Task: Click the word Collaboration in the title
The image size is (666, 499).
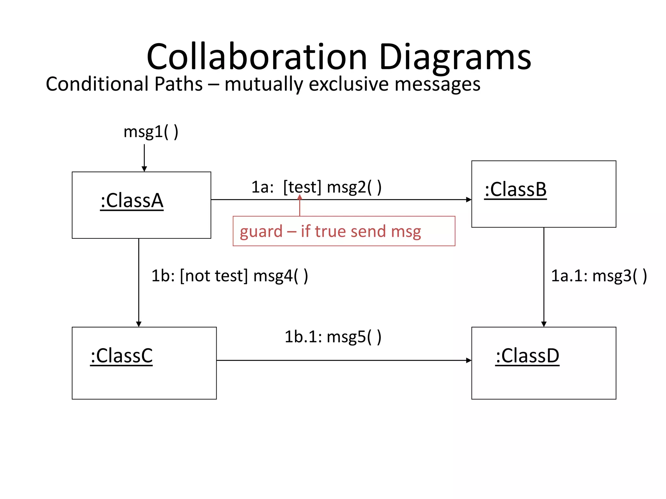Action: [x=257, y=57]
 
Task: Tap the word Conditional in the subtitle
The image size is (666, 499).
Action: [x=97, y=84]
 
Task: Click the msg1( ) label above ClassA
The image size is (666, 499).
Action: [x=151, y=132]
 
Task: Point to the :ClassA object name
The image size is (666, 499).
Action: [x=132, y=200]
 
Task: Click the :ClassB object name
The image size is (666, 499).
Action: [x=515, y=189]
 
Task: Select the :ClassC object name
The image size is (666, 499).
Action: [x=121, y=356]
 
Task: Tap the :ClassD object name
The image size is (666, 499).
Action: [x=527, y=356]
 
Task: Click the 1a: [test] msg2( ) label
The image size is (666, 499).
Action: [x=316, y=187]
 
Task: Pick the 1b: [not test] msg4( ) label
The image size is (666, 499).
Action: [x=230, y=276]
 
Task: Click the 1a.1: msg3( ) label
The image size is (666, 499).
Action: [x=599, y=276]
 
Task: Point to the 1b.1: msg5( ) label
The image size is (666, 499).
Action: [x=333, y=337]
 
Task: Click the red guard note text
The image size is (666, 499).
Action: [x=330, y=231]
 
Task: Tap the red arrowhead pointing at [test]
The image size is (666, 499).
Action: [x=300, y=197]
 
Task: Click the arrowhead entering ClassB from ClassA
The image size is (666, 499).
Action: [x=469, y=199]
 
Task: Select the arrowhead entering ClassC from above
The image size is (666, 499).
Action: [x=139, y=324]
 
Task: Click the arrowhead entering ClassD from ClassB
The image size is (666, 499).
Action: [x=544, y=324]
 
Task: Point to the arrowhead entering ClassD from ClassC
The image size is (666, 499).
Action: [x=469, y=360]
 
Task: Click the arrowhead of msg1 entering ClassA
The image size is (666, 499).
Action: [x=144, y=169]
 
